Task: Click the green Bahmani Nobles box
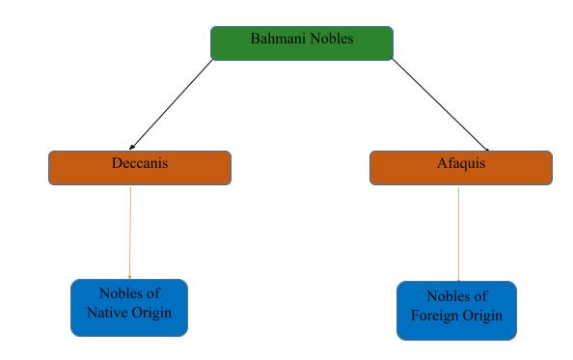302,43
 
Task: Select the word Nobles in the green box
331,40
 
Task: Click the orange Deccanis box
140,168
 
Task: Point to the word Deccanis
140,163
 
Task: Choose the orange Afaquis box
461,168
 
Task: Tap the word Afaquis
461,163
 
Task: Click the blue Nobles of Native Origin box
129,308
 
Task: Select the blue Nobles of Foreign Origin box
456,311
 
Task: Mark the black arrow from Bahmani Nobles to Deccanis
173,102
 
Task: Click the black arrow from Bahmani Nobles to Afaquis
439,103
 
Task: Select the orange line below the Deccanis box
130,232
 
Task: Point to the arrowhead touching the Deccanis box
131,147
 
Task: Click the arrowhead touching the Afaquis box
486,148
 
